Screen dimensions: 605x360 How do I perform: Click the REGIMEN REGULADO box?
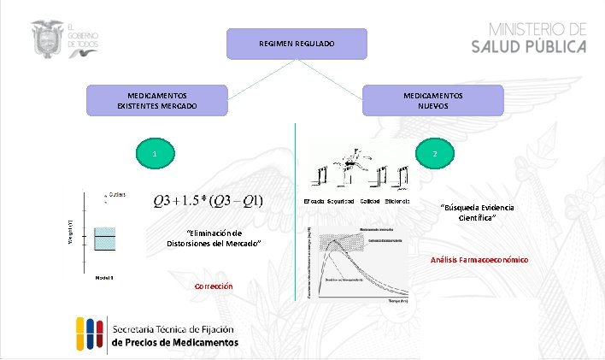coord(297,44)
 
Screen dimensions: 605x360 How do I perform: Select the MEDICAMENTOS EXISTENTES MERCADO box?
coord(157,100)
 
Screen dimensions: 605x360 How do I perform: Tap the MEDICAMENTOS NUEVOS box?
coord(433,100)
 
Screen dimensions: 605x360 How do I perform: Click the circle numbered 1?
coord(154,155)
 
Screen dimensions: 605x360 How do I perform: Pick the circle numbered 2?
coord(435,154)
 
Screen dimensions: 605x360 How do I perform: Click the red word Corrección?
coord(214,286)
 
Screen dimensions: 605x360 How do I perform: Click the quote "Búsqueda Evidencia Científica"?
coord(468,213)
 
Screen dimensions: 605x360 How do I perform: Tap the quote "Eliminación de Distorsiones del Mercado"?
coord(214,238)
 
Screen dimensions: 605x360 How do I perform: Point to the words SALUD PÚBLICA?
coord(529,46)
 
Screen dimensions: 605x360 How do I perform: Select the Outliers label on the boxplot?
coord(117,194)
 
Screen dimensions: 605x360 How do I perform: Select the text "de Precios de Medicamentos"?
coord(174,342)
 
